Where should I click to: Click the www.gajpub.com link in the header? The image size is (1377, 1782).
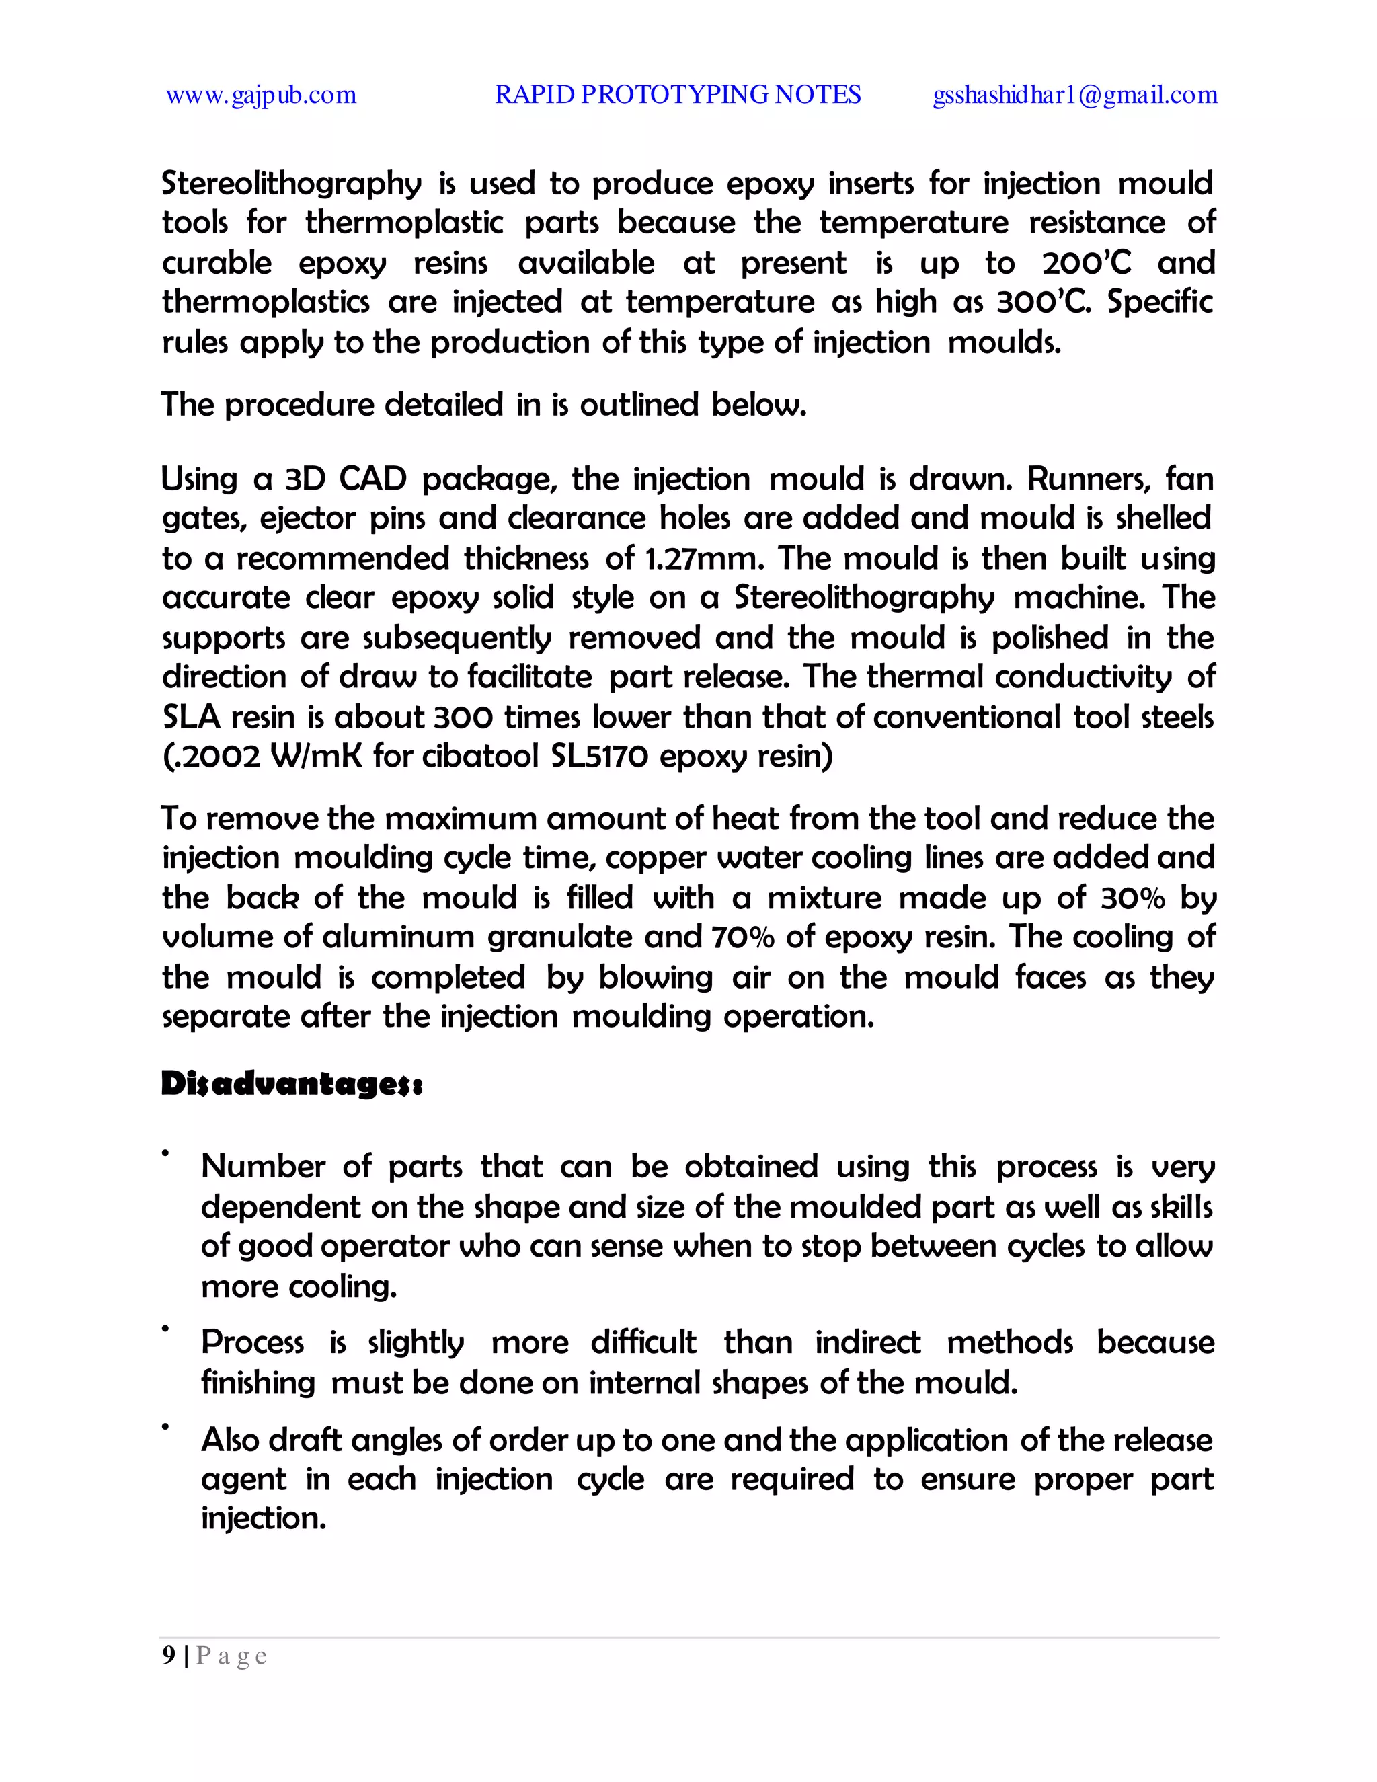pos(261,95)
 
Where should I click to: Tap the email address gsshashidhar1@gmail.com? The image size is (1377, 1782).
pos(1075,95)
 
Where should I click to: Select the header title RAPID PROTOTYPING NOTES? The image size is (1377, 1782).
pos(678,95)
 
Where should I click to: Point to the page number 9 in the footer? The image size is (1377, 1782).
pos(169,1656)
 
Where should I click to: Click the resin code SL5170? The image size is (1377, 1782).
pos(600,757)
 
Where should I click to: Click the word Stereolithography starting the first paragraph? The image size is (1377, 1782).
pos(291,184)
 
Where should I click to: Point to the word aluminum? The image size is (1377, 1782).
pos(398,937)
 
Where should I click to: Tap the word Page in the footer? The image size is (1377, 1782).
pos(232,1656)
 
